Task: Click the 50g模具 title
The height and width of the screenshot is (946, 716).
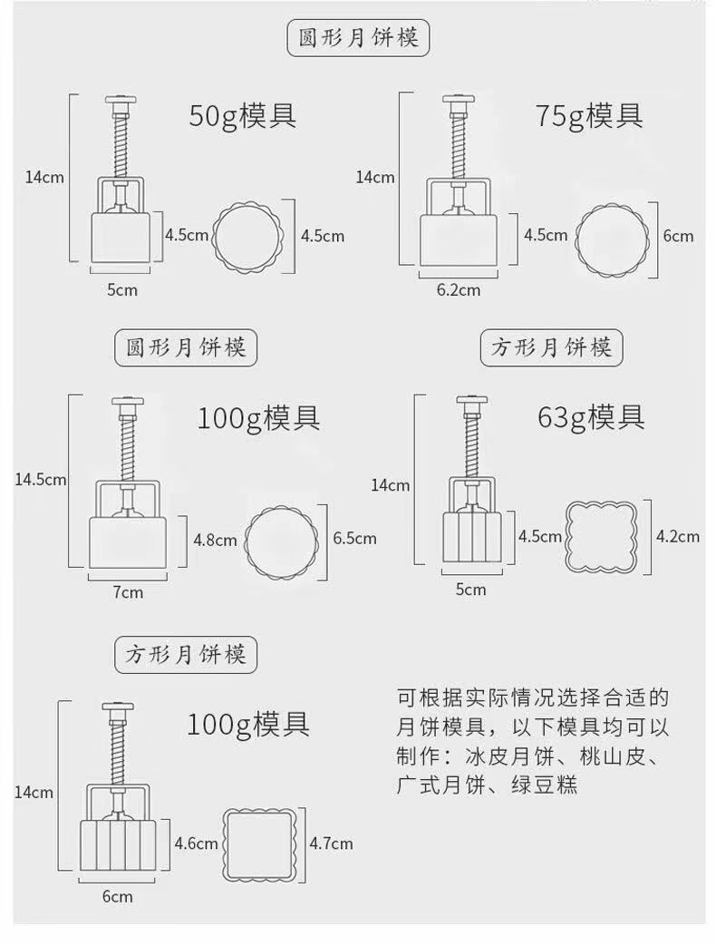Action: tap(242, 116)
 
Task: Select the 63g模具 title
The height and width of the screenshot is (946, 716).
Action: tap(590, 416)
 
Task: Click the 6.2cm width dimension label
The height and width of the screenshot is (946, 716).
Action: tap(458, 290)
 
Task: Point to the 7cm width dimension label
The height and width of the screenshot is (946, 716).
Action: tap(127, 592)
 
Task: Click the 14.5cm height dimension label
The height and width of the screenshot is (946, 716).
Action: tap(40, 479)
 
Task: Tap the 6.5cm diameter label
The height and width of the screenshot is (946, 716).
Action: tap(354, 538)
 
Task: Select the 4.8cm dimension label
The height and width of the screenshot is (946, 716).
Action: tap(215, 540)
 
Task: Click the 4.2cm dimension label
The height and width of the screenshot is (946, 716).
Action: tap(677, 536)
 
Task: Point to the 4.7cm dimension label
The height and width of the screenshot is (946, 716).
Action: tap(331, 844)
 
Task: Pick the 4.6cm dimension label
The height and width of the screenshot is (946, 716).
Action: tap(195, 844)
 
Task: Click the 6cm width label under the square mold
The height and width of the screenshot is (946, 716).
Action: tap(117, 897)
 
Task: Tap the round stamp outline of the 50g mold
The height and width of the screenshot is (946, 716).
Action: tap(247, 236)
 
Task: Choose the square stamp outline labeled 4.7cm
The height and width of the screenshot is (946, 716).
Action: tap(261, 844)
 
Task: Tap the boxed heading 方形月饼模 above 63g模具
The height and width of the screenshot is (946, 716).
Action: tap(552, 347)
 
